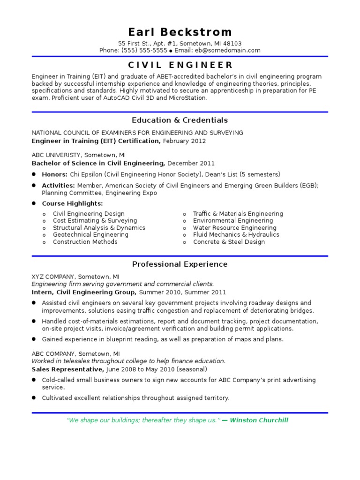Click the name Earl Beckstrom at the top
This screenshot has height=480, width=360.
[180, 32]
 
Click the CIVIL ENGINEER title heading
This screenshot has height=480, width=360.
[180, 65]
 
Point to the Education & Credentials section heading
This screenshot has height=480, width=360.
[180, 120]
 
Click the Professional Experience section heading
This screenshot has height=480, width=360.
[180, 264]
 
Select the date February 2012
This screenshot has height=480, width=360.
[184, 141]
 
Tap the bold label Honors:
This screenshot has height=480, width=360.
[55, 174]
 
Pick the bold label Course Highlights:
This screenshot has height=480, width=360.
[72, 203]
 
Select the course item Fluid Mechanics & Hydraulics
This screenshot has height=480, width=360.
[236, 234]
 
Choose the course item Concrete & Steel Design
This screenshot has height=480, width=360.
[229, 242]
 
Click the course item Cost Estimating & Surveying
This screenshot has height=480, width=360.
[95, 220]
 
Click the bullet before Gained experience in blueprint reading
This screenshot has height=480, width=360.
[34, 339]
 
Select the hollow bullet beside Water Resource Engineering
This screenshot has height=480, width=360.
[185, 228]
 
